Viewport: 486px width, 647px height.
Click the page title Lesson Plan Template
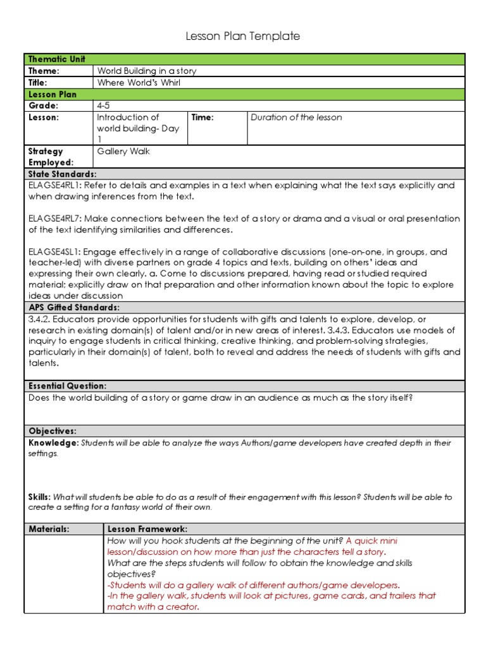pyautogui.click(x=242, y=37)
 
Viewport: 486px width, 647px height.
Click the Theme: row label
pyautogui.click(x=44, y=71)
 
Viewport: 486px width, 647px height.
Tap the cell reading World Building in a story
pyautogui.click(x=146, y=71)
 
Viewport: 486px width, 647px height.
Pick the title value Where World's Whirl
pyautogui.click(x=139, y=82)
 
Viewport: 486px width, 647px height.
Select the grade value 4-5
pyautogui.click(x=103, y=106)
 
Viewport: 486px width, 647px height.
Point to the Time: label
pyautogui.click(x=203, y=117)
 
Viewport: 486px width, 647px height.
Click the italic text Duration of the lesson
pyautogui.click(x=296, y=117)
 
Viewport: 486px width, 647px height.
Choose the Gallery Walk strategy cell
pyautogui.click(x=123, y=151)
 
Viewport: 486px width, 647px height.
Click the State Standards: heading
pyautogui.click(x=62, y=174)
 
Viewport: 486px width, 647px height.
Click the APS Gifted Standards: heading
pyautogui.click(x=73, y=307)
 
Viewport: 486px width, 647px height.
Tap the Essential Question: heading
pyautogui.click(x=67, y=385)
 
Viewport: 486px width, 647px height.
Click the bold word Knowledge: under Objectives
pyautogui.click(x=53, y=443)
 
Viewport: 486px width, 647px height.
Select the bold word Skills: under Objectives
pyautogui.click(x=40, y=497)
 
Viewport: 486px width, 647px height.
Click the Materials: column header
pyautogui.click(x=49, y=529)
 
